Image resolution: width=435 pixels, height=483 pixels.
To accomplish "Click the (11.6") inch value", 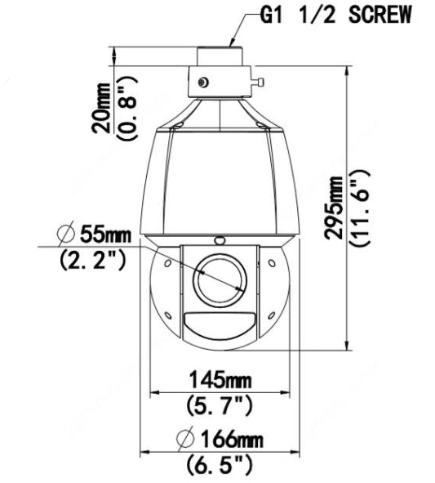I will click(x=360, y=208).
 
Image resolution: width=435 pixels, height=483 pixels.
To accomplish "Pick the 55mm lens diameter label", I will click(x=104, y=235).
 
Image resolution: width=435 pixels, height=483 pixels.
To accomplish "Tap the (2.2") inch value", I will click(x=94, y=262).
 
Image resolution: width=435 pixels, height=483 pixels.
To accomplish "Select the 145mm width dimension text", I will click(x=220, y=380).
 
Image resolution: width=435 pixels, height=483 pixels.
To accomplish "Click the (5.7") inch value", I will click(x=220, y=405).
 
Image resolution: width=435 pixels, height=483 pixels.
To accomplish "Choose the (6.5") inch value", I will click(x=218, y=466).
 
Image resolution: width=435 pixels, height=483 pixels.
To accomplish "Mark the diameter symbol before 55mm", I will click(x=67, y=235).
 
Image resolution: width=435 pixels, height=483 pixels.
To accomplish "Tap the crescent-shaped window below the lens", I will click(x=220, y=324).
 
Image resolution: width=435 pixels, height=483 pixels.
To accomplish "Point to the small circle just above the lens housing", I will click(x=219, y=240).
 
